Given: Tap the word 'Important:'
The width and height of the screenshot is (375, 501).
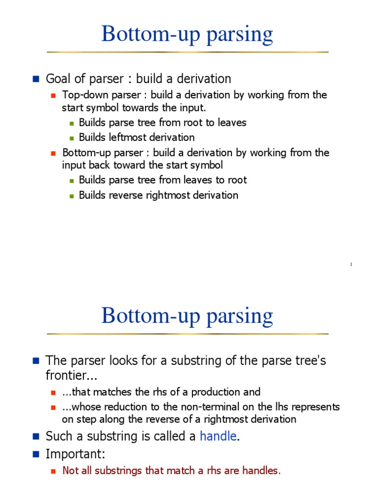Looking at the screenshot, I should [75, 454].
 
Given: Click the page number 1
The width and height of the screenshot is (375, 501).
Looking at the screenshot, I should [351, 265].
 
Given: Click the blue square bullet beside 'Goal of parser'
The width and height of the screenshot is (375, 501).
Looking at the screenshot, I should [35, 78].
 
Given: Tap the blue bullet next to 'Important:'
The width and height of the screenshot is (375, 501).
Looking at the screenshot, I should [35, 454].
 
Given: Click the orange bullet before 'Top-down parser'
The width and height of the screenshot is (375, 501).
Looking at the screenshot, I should [54, 95].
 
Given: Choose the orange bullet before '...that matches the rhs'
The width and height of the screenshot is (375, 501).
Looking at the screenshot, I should [54, 392].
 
